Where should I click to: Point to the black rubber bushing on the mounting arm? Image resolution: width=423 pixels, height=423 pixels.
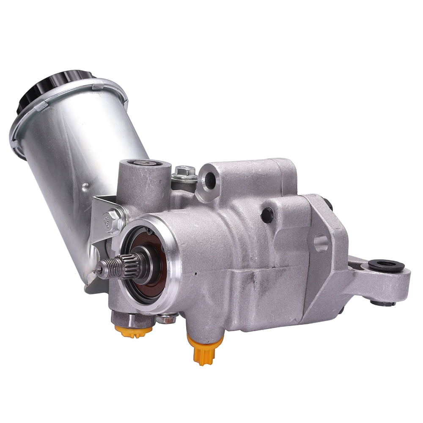click(386, 266)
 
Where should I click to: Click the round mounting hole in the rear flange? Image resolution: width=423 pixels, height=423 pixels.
click(321, 243)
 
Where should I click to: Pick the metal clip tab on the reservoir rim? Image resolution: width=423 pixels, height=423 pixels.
click(98, 86)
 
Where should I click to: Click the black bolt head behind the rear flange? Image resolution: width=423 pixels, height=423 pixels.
click(328, 203)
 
